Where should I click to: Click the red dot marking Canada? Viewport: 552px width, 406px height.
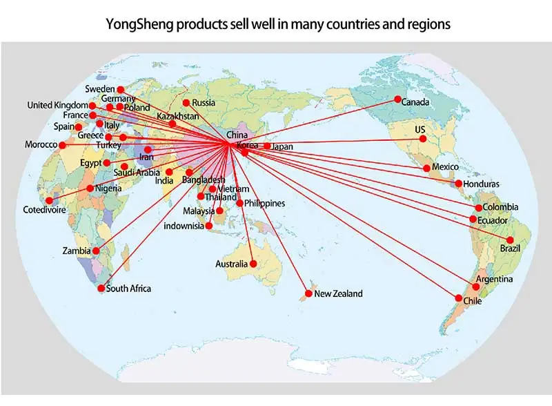[x=397, y=100]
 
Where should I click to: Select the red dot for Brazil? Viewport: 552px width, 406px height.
[x=511, y=240]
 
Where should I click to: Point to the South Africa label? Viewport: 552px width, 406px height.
[x=128, y=289]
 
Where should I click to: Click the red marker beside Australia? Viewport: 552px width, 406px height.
[x=253, y=264]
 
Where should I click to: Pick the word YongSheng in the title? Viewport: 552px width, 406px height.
[x=139, y=23]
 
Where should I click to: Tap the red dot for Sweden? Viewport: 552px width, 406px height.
[x=120, y=90]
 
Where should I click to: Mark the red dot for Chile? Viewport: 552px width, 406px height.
[x=459, y=298]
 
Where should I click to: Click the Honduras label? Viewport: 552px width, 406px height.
[x=482, y=184]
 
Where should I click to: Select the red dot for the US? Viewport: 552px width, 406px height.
[x=423, y=139]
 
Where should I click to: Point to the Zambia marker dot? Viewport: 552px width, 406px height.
[x=96, y=251]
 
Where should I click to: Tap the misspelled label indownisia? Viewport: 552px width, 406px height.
[x=184, y=226]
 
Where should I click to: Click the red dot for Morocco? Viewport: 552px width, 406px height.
[x=63, y=145]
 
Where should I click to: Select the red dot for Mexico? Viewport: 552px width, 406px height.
[x=426, y=168]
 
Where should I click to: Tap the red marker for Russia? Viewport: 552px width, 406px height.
[x=186, y=103]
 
